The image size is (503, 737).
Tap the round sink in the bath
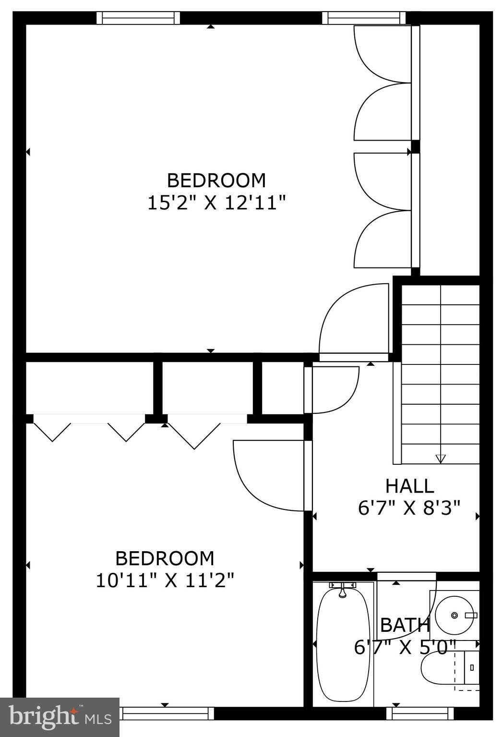pyautogui.click(x=454, y=615)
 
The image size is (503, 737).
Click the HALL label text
pyautogui.click(x=410, y=486)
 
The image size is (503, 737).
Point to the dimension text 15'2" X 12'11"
pyautogui.click(x=216, y=203)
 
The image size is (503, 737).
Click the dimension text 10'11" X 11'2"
pyautogui.click(x=165, y=580)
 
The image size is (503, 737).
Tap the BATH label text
pyautogui.click(x=405, y=625)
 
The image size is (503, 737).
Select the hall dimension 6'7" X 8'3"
pyautogui.click(x=409, y=507)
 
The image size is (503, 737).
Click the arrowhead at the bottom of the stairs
pyautogui.click(x=440, y=459)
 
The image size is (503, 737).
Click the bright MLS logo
pyautogui.click(x=60, y=717)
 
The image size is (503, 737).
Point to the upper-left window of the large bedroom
pyautogui.click(x=138, y=18)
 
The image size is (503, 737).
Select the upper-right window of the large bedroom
pyautogui.click(x=364, y=18)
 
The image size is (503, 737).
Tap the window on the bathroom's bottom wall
pyautogui.click(x=420, y=714)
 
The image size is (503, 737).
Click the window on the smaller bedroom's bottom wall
pyautogui.click(x=166, y=713)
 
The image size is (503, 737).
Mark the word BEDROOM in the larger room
pyautogui.click(x=216, y=181)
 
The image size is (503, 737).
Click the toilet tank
pyautogui.click(x=472, y=667)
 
